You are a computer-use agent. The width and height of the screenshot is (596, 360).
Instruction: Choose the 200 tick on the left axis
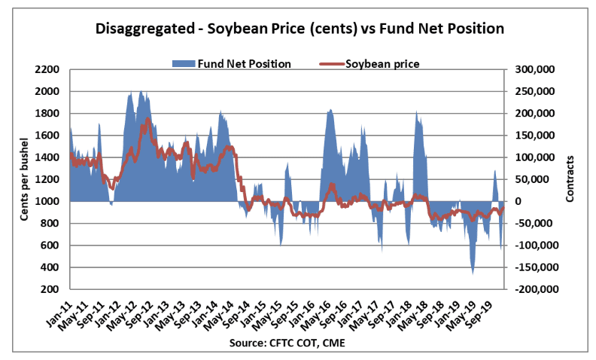pyautogui.click(x=50, y=290)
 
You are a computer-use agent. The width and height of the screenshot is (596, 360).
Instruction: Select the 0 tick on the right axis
pyautogui.click(x=518, y=202)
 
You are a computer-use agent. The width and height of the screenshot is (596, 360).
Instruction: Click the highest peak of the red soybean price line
pyautogui.click(x=148, y=118)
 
